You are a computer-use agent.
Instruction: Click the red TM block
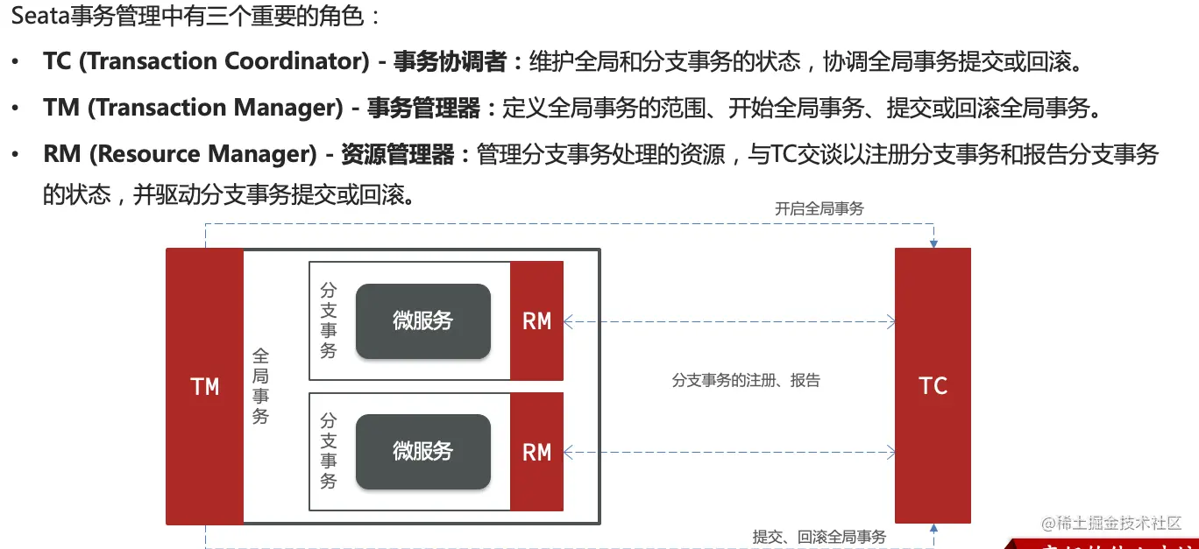[204, 386]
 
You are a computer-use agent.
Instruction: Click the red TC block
[933, 386]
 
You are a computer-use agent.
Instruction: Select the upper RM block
[536, 321]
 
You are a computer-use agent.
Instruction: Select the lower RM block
[536, 452]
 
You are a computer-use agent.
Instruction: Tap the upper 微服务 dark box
[422, 320]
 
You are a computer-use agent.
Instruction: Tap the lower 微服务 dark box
[422, 451]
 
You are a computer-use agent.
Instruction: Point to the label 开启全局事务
[819, 208]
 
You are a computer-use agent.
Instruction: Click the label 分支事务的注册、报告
[746, 381]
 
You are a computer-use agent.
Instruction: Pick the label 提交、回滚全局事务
[819, 537]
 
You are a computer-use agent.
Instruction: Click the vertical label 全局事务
[260, 386]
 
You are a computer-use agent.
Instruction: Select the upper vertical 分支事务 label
[329, 320]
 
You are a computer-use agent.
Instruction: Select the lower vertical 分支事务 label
[329, 451]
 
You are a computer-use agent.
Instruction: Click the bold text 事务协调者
[449, 61]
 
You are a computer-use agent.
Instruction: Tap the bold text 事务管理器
[423, 109]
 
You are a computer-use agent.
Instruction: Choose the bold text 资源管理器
[397, 155]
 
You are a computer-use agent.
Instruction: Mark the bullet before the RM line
[16, 155]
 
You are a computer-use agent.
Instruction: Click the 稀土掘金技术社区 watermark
[1111, 523]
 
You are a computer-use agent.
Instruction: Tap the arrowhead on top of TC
[933, 243]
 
